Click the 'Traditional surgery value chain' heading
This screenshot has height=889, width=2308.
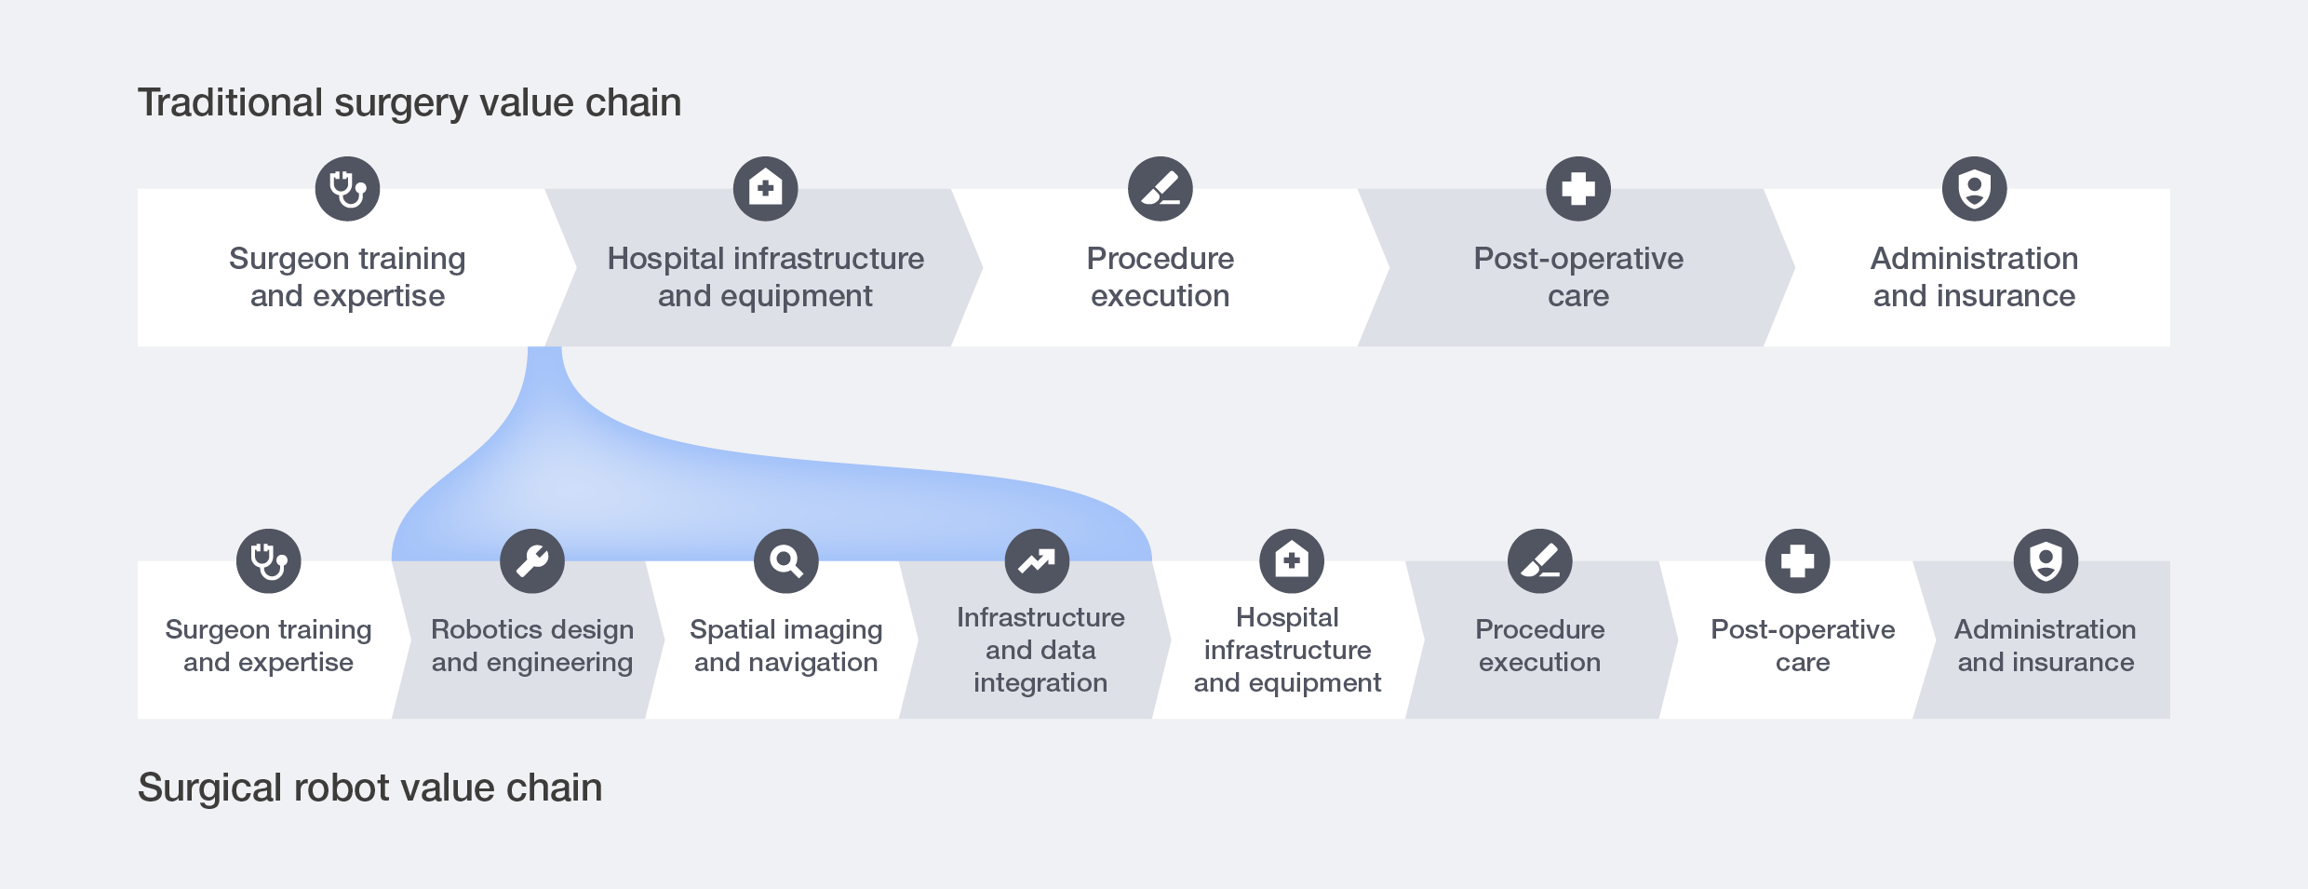point(409,102)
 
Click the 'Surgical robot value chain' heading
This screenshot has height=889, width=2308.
point(369,788)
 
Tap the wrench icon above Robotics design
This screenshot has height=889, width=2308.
point(532,561)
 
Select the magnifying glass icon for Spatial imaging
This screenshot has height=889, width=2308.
point(786,561)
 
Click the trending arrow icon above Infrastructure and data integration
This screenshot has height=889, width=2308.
point(1037,561)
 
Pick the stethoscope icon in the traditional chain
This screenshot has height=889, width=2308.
point(347,189)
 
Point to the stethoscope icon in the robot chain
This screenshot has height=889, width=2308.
point(269,561)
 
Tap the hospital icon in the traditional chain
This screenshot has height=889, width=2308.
point(765,189)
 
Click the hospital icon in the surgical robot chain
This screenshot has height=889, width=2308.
point(1292,561)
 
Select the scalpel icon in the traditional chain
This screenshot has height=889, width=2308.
point(1161,189)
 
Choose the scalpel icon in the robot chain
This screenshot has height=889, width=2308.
point(1540,561)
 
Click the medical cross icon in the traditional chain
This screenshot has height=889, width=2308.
point(1578,189)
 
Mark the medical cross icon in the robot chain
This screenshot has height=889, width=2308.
point(1798,561)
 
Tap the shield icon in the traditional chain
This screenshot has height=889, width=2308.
point(1975,189)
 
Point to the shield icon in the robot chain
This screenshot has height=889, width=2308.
point(2046,561)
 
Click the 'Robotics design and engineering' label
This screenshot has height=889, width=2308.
point(532,646)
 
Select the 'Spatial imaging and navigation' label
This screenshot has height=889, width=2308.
point(786,646)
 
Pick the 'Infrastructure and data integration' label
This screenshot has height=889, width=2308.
point(1040,650)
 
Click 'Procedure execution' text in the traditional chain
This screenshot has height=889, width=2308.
point(1161,276)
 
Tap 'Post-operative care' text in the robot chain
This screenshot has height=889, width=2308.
point(1803,646)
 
